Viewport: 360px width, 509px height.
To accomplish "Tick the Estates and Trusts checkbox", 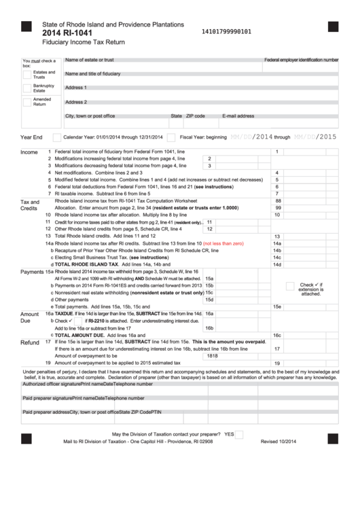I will click(x=27, y=74).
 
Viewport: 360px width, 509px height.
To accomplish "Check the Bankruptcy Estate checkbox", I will click(x=27, y=88).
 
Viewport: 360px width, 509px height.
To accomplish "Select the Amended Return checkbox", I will click(x=27, y=102).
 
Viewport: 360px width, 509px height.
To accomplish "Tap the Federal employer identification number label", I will click(x=301, y=60).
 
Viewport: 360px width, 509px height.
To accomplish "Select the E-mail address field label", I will click(x=238, y=116).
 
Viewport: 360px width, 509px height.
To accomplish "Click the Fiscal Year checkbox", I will click(x=171, y=137).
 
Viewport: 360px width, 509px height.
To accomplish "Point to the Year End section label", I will click(x=32, y=137).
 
